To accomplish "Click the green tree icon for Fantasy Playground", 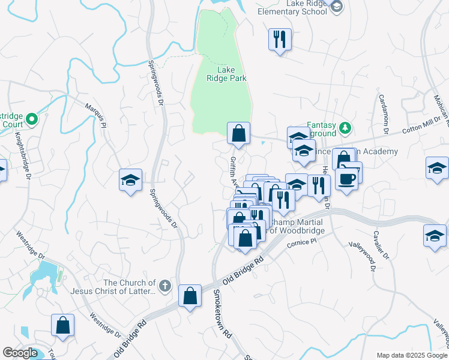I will (345, 127).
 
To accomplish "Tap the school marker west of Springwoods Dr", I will (129, 181).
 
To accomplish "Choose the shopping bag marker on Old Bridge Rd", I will (190, 296).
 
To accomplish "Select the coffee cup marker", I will (347, 178).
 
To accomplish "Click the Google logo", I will (20, 353).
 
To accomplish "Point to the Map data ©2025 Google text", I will (411, 355).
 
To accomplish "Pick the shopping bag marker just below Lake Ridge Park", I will (238, 134).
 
